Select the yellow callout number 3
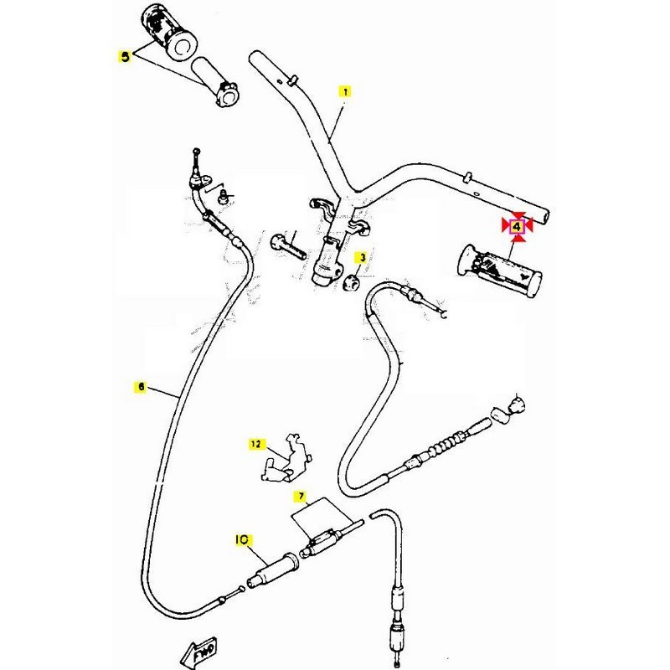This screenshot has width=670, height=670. [x=362, y=257]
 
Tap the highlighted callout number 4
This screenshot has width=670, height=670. [x=518, y=225]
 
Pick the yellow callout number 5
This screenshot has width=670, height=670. [x=125, y=57]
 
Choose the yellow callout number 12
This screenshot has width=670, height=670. [x=255, y=444]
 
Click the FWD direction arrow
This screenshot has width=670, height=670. [x=199, y=649]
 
